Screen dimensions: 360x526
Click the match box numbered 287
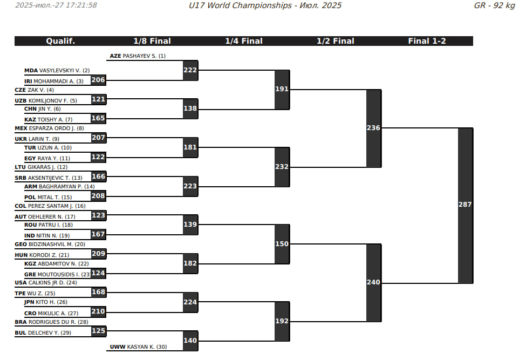coord(465,205)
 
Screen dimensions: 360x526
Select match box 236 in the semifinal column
coord(373,128)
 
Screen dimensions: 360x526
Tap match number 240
coord(373,282)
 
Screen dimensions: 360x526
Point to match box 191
coord(282,89)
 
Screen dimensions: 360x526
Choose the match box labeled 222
coord(190,70)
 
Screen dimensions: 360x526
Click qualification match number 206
coord(98,80)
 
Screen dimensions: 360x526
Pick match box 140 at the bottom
coord(190,341)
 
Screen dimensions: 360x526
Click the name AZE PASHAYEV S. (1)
coord(138,56)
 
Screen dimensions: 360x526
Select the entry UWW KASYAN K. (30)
coord(139,347)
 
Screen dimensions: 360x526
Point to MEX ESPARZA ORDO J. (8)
coord(49,128)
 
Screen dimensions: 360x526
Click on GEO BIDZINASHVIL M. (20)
coord(50,244)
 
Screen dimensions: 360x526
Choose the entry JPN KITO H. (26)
coord(46,302)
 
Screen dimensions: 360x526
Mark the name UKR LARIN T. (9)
coord(37,139)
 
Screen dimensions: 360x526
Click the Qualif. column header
coord(60,41)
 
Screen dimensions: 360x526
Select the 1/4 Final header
coord(244,41)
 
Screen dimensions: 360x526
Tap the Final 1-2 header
coord(427,41)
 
